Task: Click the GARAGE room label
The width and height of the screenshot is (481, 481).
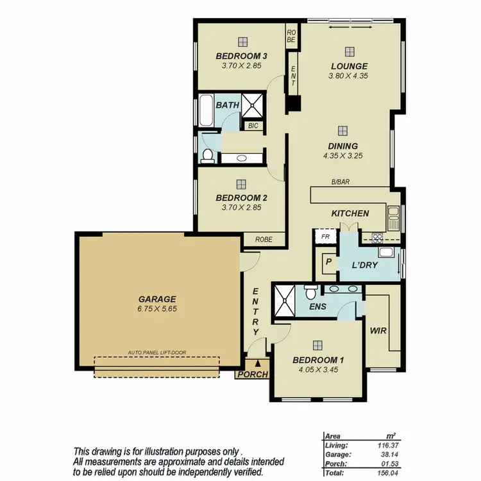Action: click(x=156, y=299)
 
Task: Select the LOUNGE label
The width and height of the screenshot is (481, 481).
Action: click(x=349, y=66)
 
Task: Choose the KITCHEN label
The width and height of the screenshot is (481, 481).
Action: click(x=350, y=213)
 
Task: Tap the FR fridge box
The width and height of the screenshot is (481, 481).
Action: click(x=325, y=237)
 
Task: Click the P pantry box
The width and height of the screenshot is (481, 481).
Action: click(x=328, y=262)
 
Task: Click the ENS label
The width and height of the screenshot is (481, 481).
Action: click(x=317, y=307)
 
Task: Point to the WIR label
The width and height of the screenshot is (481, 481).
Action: click(x=378, y=331)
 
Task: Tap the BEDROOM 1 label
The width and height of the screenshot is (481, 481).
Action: click(x=318, y=359)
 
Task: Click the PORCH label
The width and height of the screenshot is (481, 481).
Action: click(x=252, y=375)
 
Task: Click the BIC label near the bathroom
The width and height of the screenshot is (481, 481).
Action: click(x=253, y=126)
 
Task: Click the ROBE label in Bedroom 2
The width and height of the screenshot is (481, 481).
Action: click(x=264, y=240)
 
